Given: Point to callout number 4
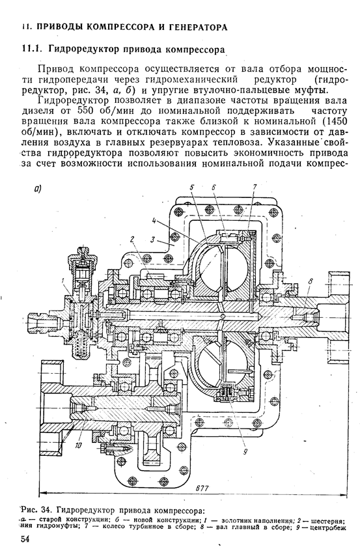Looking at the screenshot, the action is (x=154, y=221).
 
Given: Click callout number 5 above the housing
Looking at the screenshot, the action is (x=192, y=187).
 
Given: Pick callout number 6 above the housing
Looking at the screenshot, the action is (x=213, y=187).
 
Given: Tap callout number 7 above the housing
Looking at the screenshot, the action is (x=255, y=187).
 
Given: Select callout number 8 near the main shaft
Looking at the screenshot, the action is (x=311, y=281).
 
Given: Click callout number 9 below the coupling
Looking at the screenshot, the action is (x=245, y=452).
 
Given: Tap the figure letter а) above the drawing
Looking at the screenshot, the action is (x=38, y=190).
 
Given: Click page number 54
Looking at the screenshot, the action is (x=25, y=539).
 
